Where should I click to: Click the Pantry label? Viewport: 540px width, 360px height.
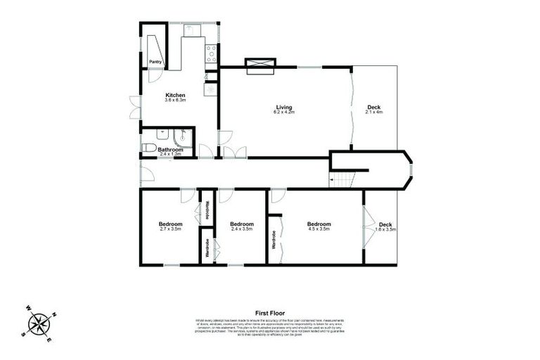tap(156, 62)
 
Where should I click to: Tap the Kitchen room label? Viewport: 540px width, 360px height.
tap(175, 95)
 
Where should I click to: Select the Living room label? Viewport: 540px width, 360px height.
tap(284, 107)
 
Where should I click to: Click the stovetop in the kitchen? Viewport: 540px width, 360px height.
tap(210, 52)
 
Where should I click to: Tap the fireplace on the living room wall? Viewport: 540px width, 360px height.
tap(261, 65)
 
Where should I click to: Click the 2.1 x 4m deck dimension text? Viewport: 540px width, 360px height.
tap(375, 112)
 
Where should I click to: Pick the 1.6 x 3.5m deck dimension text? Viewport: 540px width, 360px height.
tap(385, 229)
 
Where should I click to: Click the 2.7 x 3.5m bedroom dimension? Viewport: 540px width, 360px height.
tap(171, 229)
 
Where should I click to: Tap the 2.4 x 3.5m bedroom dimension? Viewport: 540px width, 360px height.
tap(241, 229)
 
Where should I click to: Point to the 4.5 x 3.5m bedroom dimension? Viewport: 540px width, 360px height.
tap(319, 229)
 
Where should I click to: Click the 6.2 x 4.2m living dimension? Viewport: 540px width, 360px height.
tap(284, 112)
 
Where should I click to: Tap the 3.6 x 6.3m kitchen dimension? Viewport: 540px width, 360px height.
tap(175, 101)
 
